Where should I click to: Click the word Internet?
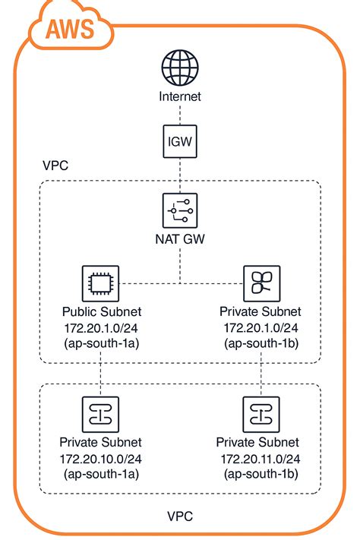[179, 96]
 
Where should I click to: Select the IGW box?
[179, 141]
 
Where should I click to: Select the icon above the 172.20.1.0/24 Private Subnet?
[261, 284]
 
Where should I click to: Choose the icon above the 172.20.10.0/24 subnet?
[100, 415]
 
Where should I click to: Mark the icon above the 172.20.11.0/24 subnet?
[261, 415]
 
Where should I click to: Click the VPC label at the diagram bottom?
[179, 516]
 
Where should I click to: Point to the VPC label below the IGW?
[54, 166]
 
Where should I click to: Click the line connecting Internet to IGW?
[179, 112]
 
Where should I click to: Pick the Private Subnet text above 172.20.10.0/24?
[99, 443]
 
